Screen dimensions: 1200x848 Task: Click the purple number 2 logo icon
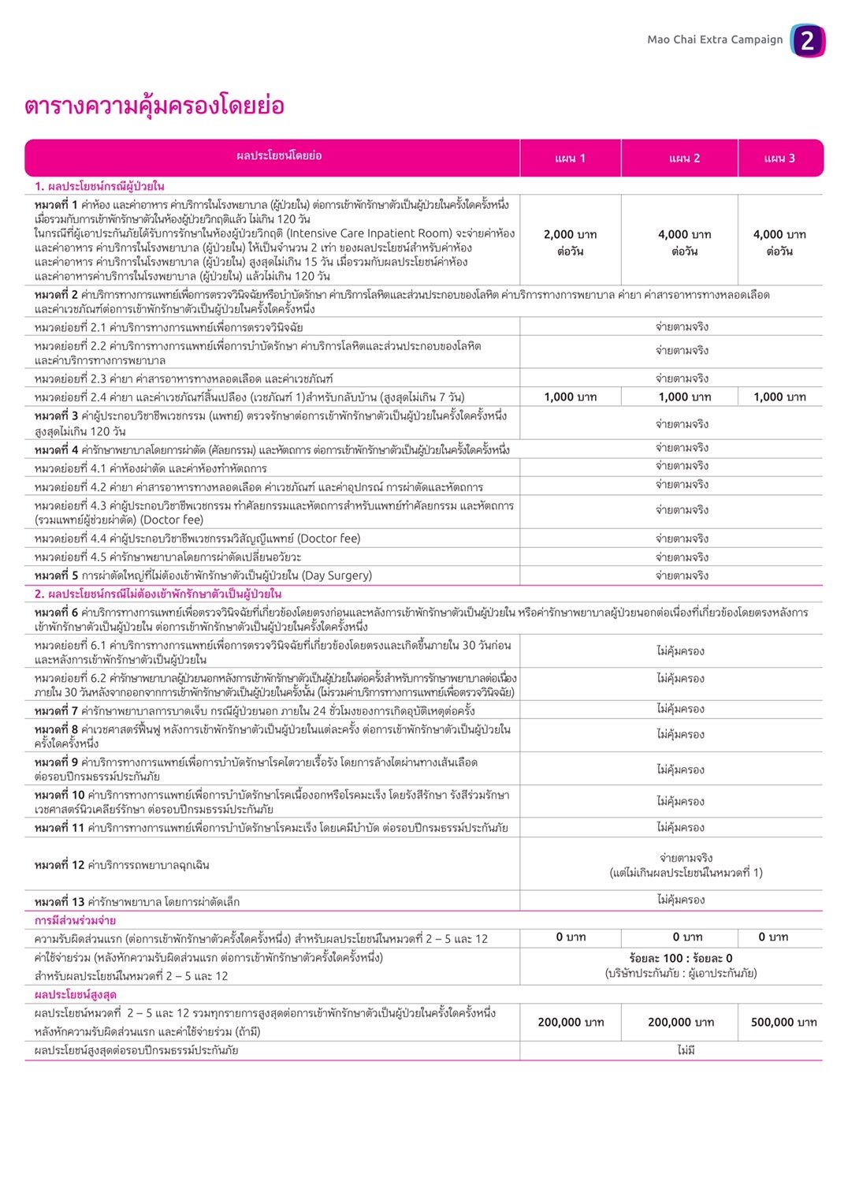808,40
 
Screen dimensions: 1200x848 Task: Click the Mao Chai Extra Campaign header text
715,39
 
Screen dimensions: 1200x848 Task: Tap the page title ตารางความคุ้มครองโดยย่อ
154,106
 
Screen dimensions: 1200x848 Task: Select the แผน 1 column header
570,158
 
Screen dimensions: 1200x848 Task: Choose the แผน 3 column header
779,158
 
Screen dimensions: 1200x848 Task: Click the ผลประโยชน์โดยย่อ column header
279,156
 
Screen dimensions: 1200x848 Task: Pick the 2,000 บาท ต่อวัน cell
570,243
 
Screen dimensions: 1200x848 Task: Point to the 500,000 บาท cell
783,1022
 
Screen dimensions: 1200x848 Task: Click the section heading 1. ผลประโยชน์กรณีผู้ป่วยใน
99,186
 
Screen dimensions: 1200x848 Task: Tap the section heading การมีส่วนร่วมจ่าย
75,920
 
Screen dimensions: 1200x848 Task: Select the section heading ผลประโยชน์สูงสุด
76,994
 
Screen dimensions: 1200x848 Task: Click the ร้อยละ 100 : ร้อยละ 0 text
681,958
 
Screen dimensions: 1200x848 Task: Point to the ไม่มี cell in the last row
686,1050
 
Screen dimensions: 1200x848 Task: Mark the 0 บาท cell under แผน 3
772,937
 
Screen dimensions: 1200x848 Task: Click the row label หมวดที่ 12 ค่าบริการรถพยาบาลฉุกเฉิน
122,865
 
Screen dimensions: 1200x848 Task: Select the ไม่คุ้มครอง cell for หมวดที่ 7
681,709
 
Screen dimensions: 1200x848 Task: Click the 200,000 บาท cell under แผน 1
571,1022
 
